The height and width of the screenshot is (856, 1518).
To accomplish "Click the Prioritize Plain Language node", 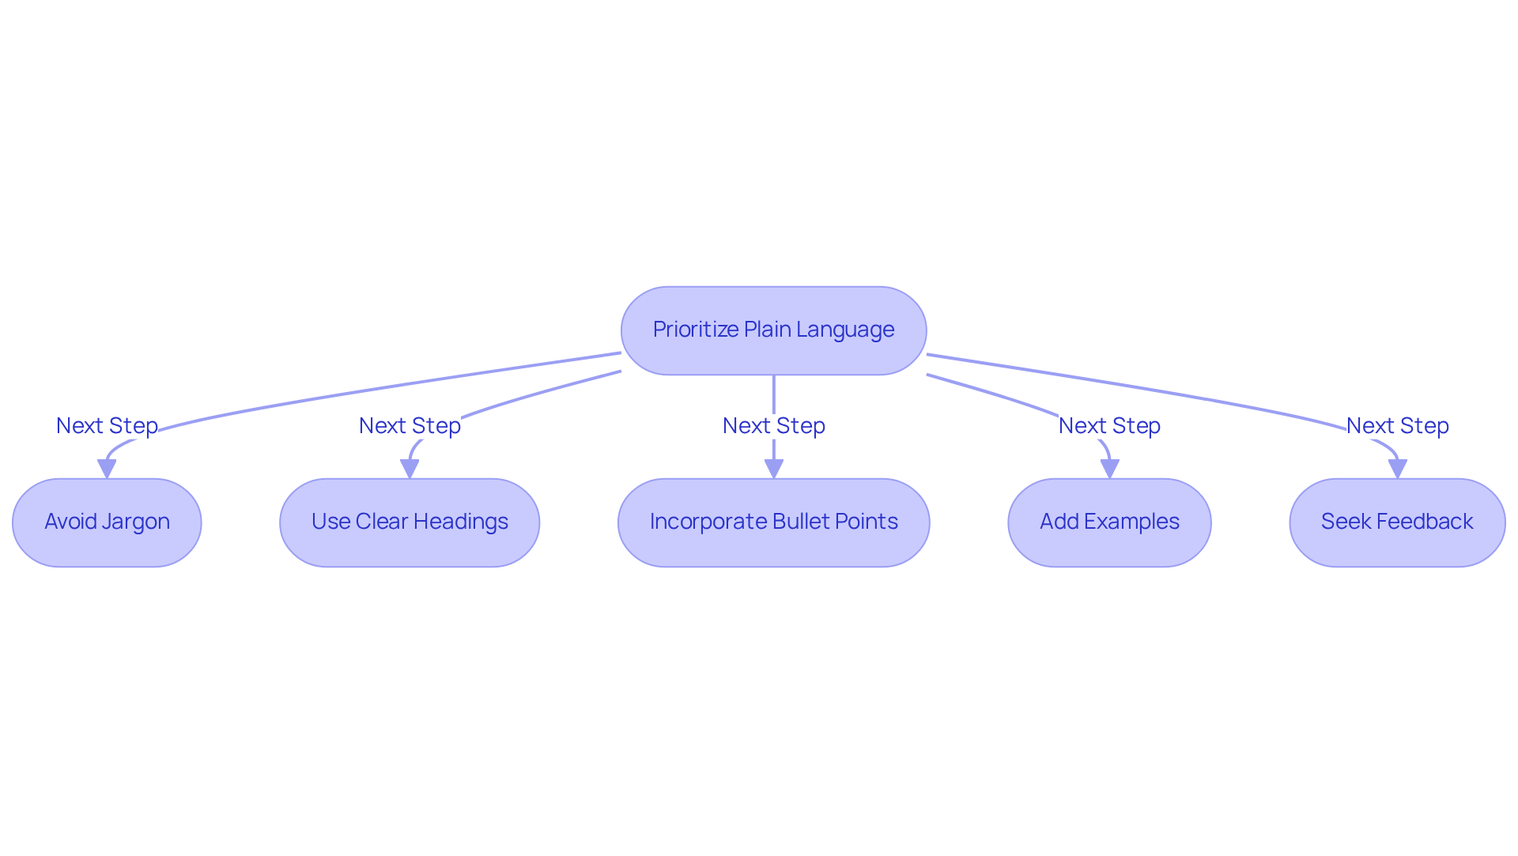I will coord(773,330).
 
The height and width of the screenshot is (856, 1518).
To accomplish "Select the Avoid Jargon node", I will coord(107,522).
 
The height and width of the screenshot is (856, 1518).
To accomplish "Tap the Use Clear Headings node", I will coord(410,522).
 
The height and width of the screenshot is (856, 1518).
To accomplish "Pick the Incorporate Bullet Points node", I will coord(773,522).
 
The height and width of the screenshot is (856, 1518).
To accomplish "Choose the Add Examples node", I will coord(1109,522).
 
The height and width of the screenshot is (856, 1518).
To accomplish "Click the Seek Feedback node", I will coord(1397,522).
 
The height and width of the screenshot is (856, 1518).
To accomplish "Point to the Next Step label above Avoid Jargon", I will coord(107,425).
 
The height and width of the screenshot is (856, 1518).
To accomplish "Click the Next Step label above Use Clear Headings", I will coord(410,425).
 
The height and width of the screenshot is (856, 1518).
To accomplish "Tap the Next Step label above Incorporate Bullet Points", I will coord(773,425).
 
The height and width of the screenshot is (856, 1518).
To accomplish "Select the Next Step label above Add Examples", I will coord(1109,425).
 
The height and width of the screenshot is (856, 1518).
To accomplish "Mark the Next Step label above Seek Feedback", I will coord(1397,425).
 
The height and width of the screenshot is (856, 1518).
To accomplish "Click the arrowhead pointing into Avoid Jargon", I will coord(107,469).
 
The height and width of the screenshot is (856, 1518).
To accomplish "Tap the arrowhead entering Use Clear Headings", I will coord(410,469).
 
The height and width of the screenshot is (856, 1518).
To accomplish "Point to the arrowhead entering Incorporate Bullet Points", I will coord(773,469).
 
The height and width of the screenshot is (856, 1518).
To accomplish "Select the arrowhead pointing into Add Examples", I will coord(1109,469).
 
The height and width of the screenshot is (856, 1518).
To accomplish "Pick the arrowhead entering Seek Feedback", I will coord(1397,469).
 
